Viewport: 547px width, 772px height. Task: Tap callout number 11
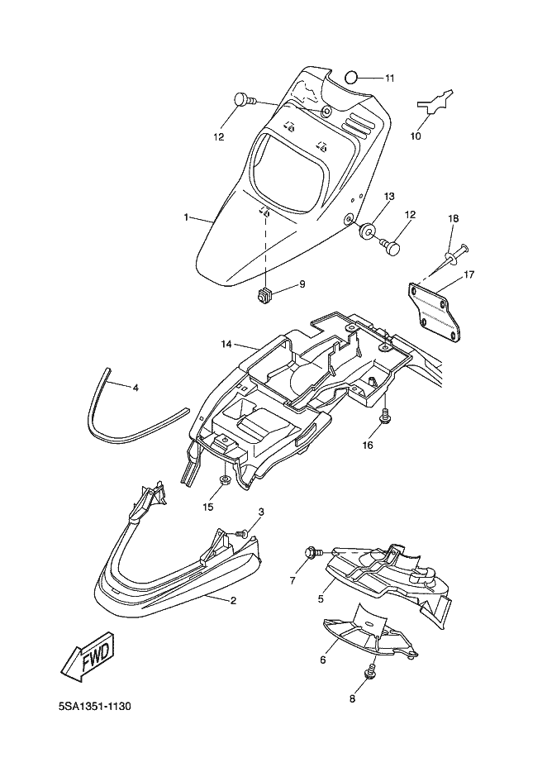[x=388, y=79]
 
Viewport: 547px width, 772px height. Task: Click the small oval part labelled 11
[x=350, y=78]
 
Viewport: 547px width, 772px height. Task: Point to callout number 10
[x=416, y=136]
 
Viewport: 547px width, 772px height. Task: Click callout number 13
[x=388, y=197]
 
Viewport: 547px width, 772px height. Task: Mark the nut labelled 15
[x=226, y=480]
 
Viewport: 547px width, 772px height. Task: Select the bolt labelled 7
[x=312, y=551]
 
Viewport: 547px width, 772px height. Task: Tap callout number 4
[x=136, y=386]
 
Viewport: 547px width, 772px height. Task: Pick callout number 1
[x=187, y=218]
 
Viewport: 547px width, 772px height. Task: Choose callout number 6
[x=323, y=659]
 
